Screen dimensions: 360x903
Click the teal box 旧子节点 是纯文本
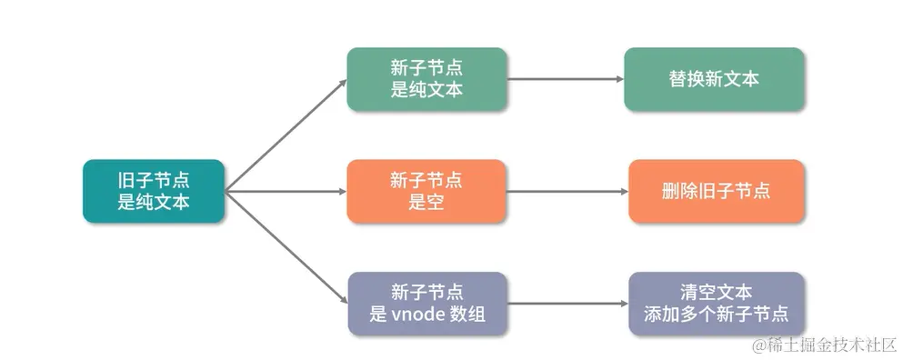(x=153, y=191)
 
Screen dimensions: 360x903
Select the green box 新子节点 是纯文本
(x=426, y=79)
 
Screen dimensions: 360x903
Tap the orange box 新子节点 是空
(x=426, y=191)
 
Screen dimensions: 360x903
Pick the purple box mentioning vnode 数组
(x=426, y=304)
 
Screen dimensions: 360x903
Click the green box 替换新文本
(x=714, y=79)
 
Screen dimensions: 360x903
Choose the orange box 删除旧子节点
(x=716, y=191)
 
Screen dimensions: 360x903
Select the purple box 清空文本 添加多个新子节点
(x=716, y=304)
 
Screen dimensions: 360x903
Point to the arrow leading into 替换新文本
(x=564, y=79)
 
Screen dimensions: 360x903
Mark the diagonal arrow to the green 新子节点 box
(x=286, y=135)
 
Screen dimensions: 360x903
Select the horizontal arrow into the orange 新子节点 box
(x=286, y=192)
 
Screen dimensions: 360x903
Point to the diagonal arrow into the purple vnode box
(x=286, y=247)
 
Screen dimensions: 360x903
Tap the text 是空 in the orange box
(x=426, y=202)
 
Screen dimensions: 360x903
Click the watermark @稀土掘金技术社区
(x=824, y=345)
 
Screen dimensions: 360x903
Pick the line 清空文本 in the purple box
(x=716, y=293)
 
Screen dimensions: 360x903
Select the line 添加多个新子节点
(x=716, y=315)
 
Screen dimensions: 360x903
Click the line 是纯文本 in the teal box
(x=153, y=202)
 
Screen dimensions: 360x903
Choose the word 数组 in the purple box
(x=464, y=315)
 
